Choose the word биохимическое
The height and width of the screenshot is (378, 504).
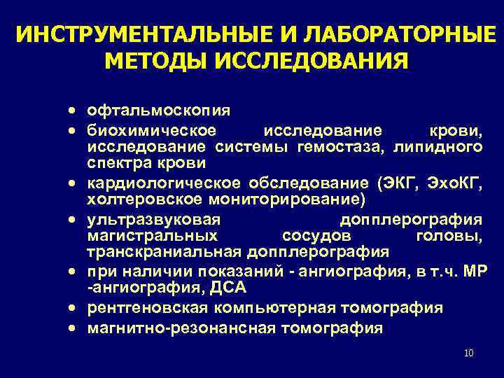tap(153, 129)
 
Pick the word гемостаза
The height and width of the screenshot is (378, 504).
tap(331, 146)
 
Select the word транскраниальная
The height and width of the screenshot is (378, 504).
tap(163, 253)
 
